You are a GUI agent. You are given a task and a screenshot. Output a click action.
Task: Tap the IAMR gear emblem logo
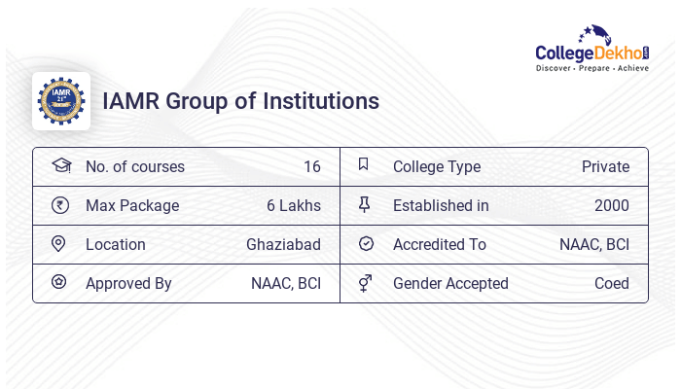[60, 101]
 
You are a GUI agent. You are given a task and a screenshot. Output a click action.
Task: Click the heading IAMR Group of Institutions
[241, 101]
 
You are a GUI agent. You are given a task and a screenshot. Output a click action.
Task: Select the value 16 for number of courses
[311, 167]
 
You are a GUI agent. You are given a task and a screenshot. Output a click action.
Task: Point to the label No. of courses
[134, 167]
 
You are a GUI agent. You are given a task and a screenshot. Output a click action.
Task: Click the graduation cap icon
[60, 166]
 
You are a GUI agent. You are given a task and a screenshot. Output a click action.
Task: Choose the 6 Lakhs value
[293, 206]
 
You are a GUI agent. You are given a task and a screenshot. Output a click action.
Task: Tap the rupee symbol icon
[60, 205]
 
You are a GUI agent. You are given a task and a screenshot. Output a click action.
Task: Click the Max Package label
[132, 206]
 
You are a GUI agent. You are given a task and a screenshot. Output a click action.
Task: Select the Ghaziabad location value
[283, 245]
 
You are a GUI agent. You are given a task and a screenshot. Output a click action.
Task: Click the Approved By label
[128, 284]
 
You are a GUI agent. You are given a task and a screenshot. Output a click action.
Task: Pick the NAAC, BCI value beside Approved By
[285, 284]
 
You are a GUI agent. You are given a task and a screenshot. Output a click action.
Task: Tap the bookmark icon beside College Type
[364, 165]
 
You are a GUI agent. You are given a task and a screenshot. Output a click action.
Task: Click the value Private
[605, 167]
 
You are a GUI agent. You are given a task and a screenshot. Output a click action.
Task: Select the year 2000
[611, 206]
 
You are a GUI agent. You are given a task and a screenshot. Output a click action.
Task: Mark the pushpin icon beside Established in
[365, 205]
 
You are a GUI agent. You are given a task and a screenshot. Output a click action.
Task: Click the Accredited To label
[439, 245]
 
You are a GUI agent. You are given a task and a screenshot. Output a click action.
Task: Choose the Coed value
[611, 284]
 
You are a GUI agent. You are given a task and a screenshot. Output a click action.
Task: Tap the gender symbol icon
[365, 283]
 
